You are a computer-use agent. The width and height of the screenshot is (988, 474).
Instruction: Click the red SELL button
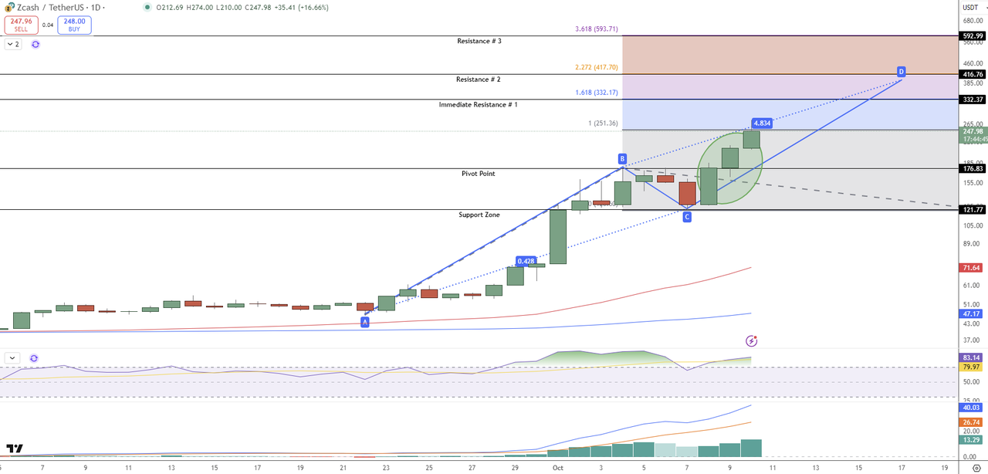tap(20, 25)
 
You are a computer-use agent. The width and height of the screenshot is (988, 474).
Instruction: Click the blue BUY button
tap(74, 25)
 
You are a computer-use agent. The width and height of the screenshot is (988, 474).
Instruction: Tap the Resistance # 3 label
tap(479, 41)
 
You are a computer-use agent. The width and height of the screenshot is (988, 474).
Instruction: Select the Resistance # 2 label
tap(479, 80)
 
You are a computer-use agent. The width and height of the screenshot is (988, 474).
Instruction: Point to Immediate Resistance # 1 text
tap(478, 104)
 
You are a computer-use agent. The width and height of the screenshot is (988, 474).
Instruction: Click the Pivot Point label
tap(479, 174)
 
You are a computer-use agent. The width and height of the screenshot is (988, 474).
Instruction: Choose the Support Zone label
tap(479, 215)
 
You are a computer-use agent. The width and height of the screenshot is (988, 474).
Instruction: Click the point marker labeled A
tap(365, 321)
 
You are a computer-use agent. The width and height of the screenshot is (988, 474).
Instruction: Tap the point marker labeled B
tap(622, 159)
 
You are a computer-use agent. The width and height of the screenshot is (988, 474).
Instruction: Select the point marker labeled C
tap(686, 218)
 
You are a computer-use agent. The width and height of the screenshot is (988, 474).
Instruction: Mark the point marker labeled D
tap(901, 72)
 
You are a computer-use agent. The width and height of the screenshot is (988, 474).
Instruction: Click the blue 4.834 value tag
tap(762, 124)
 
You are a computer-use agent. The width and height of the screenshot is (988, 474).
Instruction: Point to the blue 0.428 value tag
tap(526, 261)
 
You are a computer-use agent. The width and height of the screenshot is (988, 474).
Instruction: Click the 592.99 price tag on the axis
tap(973, 36)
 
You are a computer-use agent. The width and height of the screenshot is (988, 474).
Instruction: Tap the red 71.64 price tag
tap(972, 268)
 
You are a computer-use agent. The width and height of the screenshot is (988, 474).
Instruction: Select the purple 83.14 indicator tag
tap(972, 357)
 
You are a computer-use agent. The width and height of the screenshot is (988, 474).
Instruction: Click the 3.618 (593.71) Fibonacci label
tap(597, 29)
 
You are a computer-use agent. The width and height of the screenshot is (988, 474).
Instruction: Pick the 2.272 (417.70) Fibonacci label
tap(597, 68)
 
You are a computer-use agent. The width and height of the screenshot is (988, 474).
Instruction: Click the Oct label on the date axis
tap(557, 468)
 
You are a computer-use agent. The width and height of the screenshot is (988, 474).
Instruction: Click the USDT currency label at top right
tap(970, 7)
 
